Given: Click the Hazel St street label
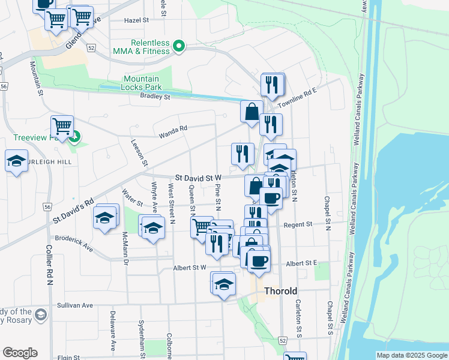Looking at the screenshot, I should point(136,20).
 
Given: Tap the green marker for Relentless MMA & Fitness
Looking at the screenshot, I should point(178,46).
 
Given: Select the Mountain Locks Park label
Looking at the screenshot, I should point(142,83).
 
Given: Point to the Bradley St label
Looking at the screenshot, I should point(155,96).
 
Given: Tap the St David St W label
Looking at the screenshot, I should point(199,178).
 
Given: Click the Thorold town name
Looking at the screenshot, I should point(281,291).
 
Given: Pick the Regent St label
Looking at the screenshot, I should point(301,224).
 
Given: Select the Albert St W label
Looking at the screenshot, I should point(189,268).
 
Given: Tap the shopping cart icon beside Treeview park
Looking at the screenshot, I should point(62,127).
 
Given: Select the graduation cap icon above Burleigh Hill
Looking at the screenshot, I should point(16,161).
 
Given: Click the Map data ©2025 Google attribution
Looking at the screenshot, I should point(412,355).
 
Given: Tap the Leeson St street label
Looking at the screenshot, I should point(141,154).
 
